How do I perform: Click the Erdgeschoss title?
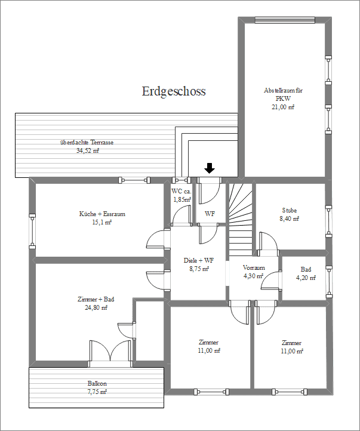pos(174,91)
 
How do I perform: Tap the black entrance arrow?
pos(209,168)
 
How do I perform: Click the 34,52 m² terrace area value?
pos(87,151)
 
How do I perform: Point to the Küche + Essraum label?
pos(102,214)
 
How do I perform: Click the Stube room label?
pos(289,210)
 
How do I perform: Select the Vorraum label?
pos(254,267)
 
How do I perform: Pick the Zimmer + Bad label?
pos(96,299)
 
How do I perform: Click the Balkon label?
pos(96,383)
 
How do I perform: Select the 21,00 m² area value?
pos(284,107)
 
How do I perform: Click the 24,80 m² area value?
pos(96,307)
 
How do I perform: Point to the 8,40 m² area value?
pos(289,218)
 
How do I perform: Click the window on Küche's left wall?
pos(32,230)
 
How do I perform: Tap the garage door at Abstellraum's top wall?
pos(284,19)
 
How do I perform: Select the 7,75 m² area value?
pos(96,392)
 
